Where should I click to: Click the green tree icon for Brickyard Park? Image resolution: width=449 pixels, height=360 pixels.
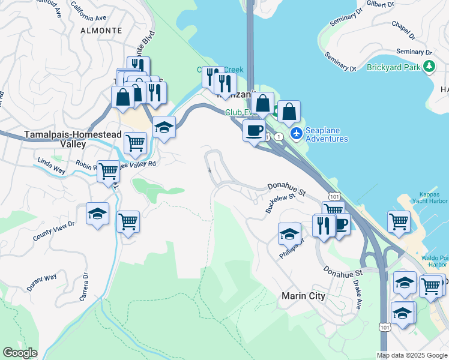click(429, 67)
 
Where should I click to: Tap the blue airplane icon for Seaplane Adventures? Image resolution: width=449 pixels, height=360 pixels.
click(295, 132)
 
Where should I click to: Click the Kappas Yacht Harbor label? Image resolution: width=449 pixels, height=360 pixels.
click(429, 202)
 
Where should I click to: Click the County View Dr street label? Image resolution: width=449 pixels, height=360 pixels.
click(53, 230)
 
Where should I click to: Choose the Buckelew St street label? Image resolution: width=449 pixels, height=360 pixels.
click(280, 203)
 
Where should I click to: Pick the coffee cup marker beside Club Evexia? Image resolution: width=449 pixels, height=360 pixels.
click(254, 130)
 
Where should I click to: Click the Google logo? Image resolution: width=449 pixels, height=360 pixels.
click(20, 352)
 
